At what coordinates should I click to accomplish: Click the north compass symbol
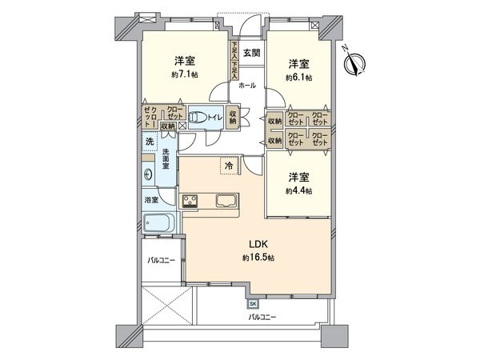pyautogui.click(x=358, y=61)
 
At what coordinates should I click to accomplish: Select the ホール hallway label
pyautogui.click(x=248, y=84)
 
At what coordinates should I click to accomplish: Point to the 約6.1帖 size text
pyautogui.click(x=298, y=78)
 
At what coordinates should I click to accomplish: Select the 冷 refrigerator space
pyautogui.click(x=230, y=166)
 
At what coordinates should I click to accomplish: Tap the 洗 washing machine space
pyautogui.click(x=150, y=142)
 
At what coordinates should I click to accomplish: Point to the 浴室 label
pyautogui.click(x=150, y=199)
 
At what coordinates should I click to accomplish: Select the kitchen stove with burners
pyautogui.click(x=190, y=201)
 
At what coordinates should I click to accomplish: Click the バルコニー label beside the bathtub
pyautogui.click(x=162, y=261)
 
